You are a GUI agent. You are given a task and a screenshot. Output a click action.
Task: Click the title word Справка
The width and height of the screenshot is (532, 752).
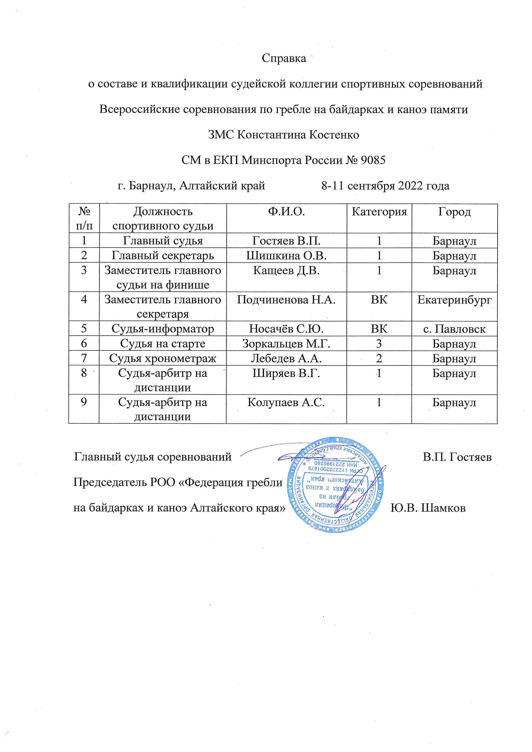pos(284,58)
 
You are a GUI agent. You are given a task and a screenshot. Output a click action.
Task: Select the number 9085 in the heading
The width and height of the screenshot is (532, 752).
pos(373,160)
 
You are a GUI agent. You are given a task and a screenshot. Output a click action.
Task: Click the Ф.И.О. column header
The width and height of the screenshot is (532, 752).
pos(286,212)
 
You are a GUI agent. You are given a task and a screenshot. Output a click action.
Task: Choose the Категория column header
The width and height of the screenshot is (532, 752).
pos(379,212)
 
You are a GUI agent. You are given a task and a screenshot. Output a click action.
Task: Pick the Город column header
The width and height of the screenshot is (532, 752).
pos(454,212)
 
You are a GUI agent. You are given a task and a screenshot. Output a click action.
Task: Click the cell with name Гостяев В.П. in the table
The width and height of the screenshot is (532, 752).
pos(286,241)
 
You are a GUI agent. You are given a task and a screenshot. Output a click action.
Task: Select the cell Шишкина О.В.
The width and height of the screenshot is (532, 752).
pos(286,255)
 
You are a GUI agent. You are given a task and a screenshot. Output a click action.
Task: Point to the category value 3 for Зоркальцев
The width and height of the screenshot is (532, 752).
pos(379,344)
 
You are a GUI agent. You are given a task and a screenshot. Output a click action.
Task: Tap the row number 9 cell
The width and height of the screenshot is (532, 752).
pos(84,402)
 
